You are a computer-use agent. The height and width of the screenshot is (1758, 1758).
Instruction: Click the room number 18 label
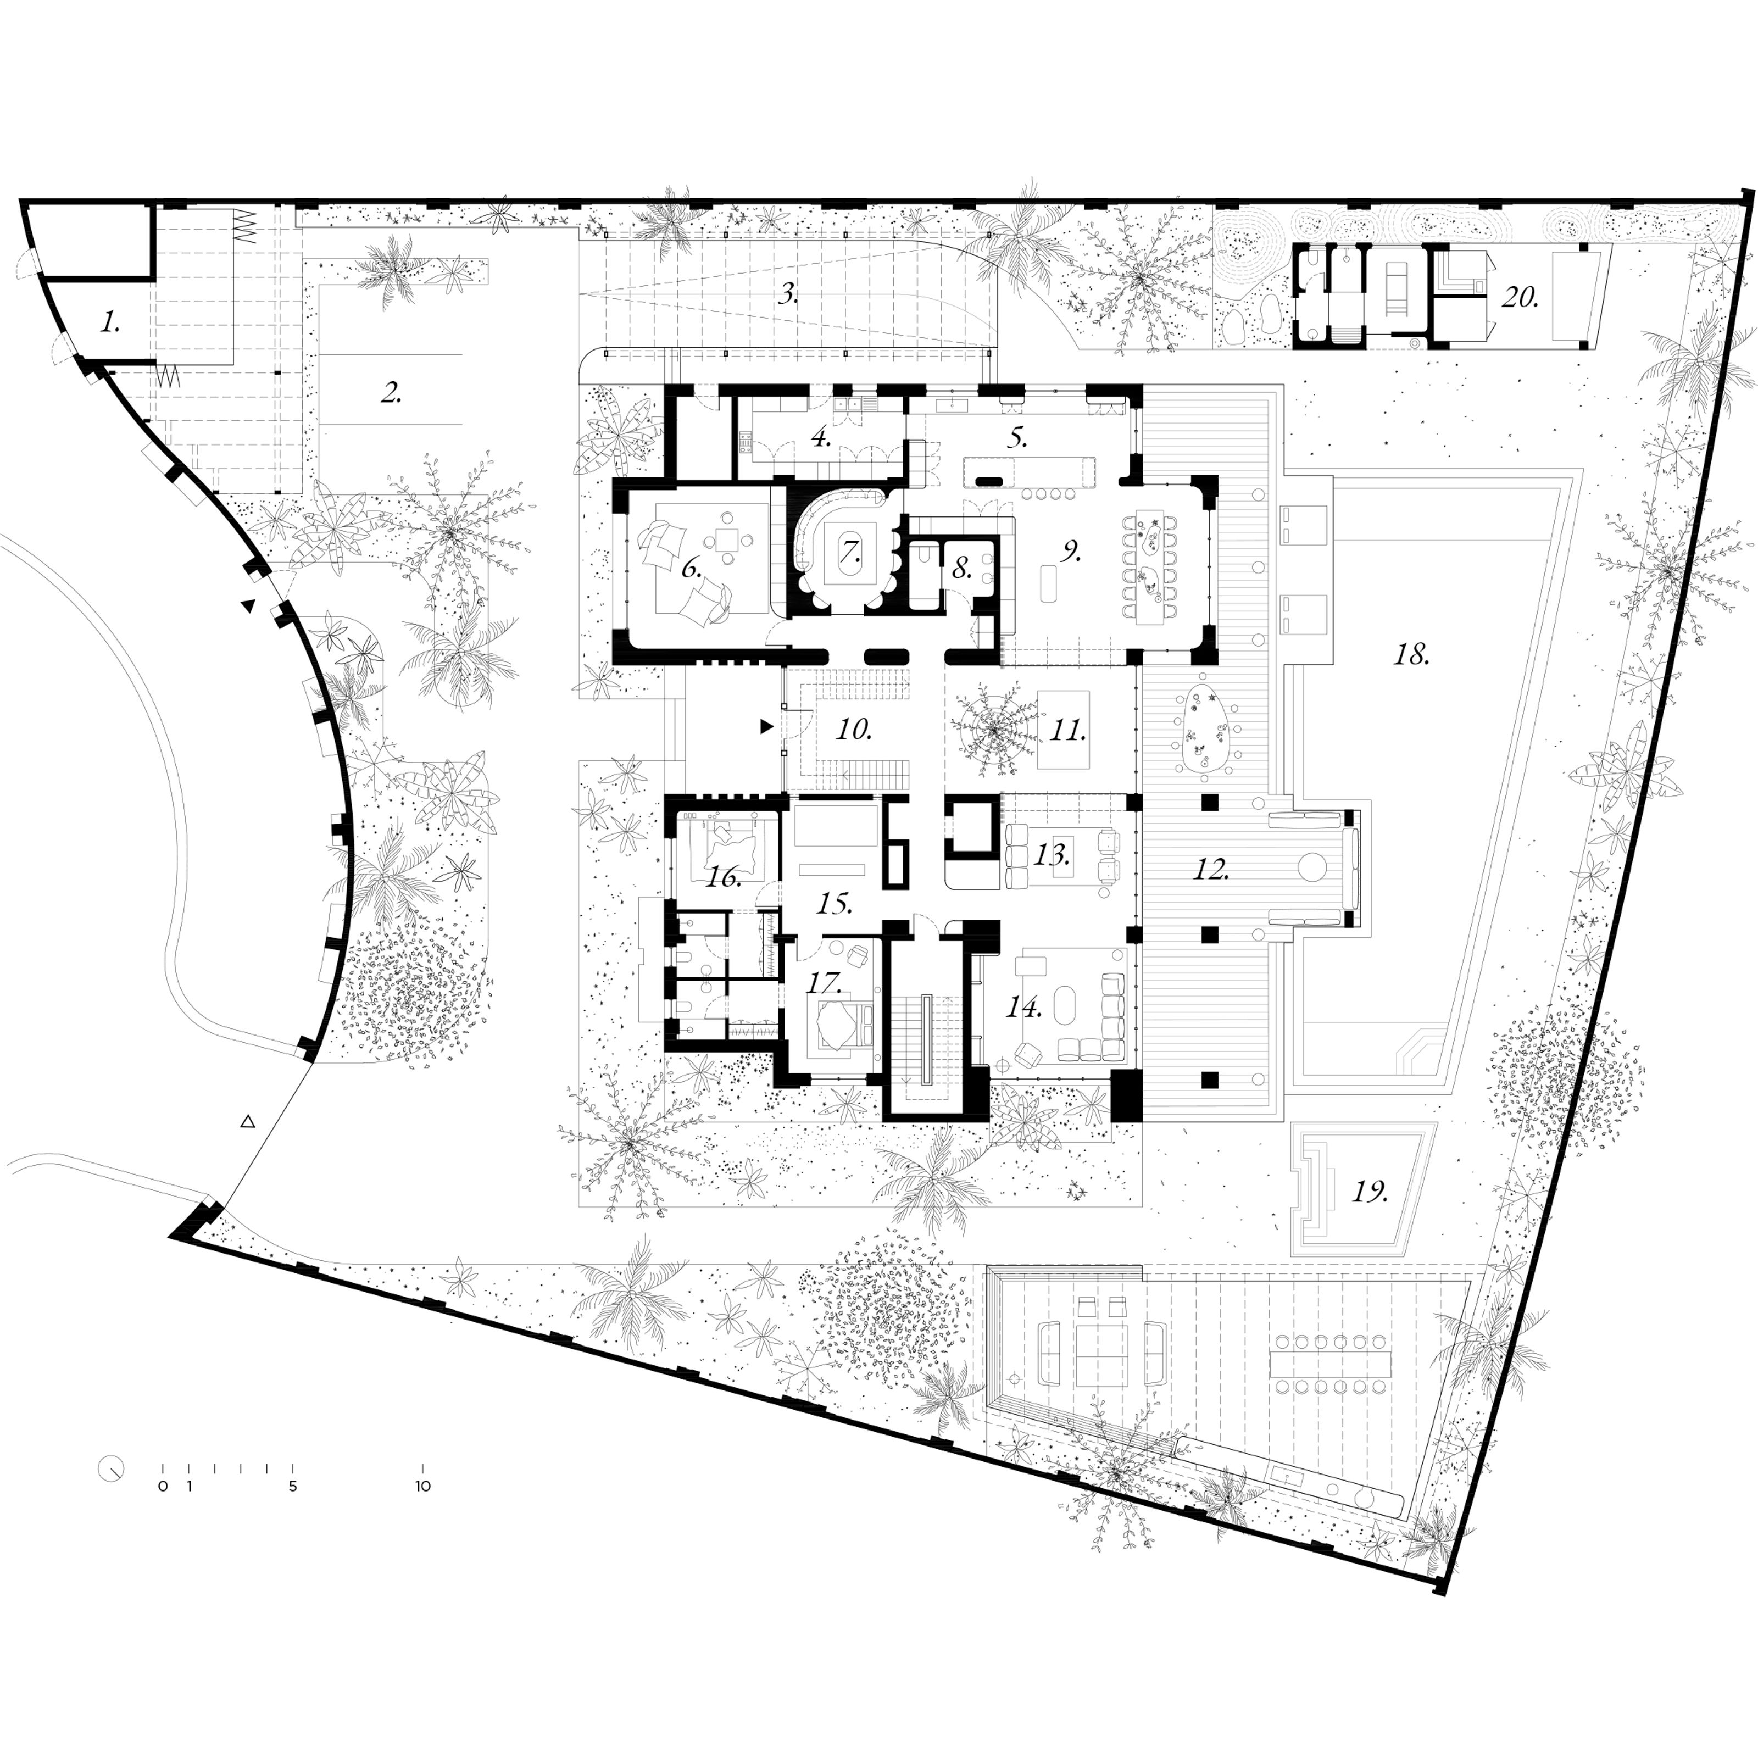click(x=1412, y=654)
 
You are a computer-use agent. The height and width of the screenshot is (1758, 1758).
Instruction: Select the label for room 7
click(x=851, y=552)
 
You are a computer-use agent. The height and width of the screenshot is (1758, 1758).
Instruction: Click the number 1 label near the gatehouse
click(x=110, y=321)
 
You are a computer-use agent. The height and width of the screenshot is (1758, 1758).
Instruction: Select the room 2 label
click(x=391, y=393)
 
